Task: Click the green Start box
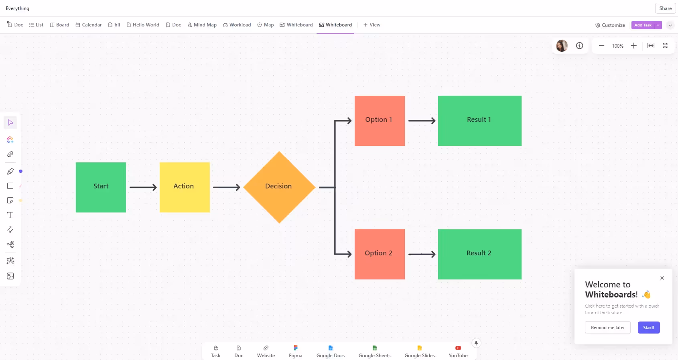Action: click(x=101, y=187)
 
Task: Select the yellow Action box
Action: click(x=185, y=187)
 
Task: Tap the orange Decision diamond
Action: click(x=279, y=187)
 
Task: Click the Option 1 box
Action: click(x=380, y=121)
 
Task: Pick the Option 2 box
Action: click(x=380, y=254)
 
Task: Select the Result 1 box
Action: click(x=479, y=121)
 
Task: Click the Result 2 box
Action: click(x=479, y=254)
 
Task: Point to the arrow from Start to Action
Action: click(x=143, y=187)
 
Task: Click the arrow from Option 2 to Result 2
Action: click(x=421, y=254)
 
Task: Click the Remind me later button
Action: click(x=607, y=328)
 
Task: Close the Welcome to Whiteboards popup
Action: click(x=662, y=278)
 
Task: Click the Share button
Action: click(x=665, y=8)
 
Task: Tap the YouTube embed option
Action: click(x=458, y=352)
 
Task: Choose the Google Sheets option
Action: click(x=374, y=352)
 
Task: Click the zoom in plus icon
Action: click(x=633, y=46)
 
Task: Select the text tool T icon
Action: click(x=10, y=215)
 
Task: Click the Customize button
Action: click(x=610, y=25)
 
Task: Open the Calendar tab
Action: click(x=89, y=25)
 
